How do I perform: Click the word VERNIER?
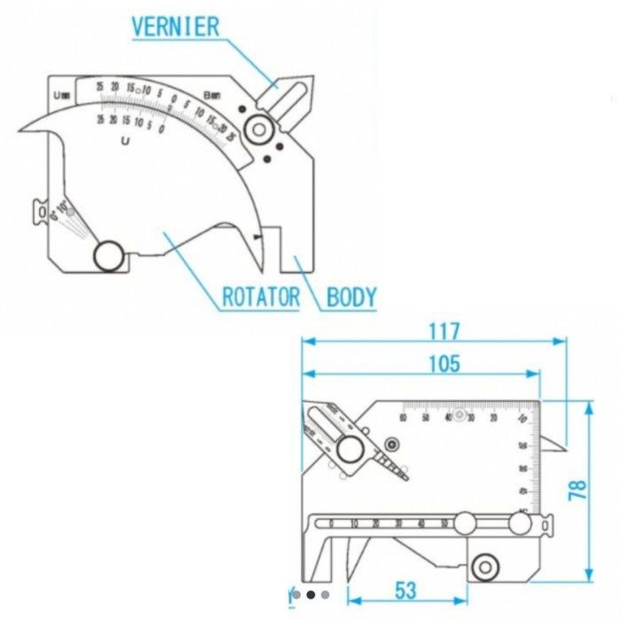click(175, 26)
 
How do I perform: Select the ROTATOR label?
click(260, 296)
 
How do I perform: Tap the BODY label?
click(351, 296)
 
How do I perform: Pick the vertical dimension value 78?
click(578, 491)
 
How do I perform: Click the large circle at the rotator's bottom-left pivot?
click(109, 255)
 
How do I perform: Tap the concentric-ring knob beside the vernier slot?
click(259, 130)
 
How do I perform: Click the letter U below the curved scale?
click(127, 140)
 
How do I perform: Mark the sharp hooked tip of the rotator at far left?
click(20, 132)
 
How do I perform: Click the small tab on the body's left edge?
click(40, 211)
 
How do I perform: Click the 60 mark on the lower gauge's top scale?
click(403, 418)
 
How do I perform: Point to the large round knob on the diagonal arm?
click(350, 450)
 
